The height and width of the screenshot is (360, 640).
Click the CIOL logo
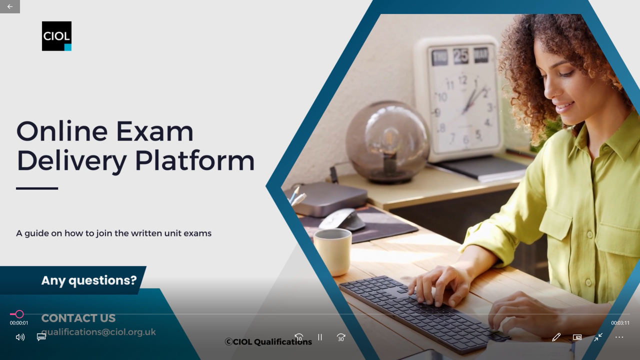coord(56,36)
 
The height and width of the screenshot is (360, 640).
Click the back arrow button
coord(10,6)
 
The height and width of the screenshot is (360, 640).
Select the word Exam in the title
coord(154,131)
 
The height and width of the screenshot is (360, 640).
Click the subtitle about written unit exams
coord(113,233)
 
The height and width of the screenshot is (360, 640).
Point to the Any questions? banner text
coord(89,280)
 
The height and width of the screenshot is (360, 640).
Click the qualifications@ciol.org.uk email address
coord(98,332)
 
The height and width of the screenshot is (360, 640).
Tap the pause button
coord(320,337)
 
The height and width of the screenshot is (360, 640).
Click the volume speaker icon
coord(20,337)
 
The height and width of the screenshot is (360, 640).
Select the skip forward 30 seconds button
coord(341,337)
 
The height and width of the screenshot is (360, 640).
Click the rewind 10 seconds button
coord(299,337)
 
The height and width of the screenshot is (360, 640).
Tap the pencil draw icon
coord(556,337)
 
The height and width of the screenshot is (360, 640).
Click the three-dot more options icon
coord(619,337)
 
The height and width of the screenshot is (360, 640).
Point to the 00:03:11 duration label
coord(620,323)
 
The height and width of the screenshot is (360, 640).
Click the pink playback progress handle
coord(19,314)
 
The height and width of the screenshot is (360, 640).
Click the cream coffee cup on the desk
coord(333,251)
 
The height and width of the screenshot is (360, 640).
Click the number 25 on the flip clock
coord(461,55)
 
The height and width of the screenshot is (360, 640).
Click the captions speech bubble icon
coord(41,337)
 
